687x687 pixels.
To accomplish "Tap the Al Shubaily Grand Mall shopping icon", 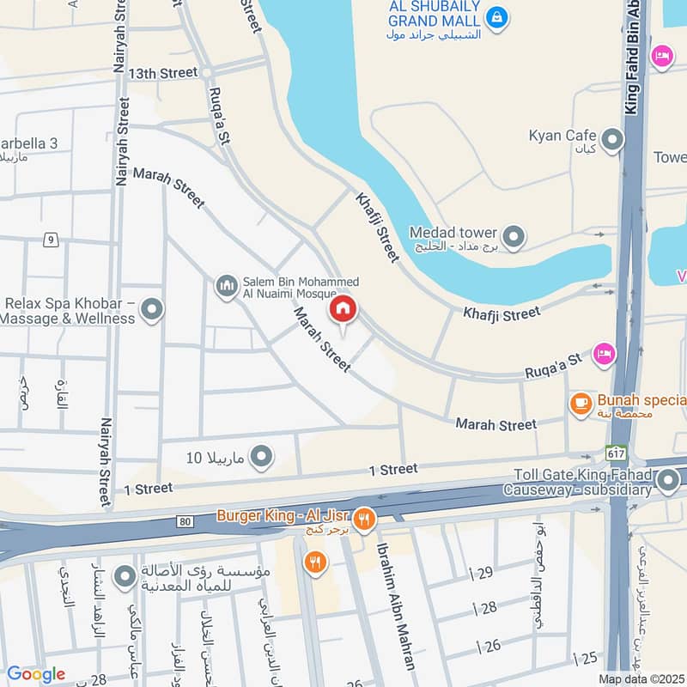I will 495,15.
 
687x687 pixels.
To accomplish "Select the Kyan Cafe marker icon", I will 611,139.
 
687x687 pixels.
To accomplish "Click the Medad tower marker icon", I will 513,236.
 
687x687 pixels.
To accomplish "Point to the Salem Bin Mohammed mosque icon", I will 226,285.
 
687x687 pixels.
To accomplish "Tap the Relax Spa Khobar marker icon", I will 152,309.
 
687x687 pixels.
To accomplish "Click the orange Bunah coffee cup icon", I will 581,401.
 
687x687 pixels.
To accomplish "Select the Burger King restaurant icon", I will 364,517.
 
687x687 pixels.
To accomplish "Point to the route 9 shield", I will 52,240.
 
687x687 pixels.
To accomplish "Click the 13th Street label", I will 163,74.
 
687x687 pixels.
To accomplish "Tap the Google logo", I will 35,674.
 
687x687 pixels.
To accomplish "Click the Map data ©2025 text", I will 641,678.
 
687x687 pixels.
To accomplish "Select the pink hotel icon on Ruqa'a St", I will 605,353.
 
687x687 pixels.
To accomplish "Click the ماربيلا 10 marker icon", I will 261,456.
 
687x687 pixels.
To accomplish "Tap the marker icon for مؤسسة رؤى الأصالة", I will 125,576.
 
